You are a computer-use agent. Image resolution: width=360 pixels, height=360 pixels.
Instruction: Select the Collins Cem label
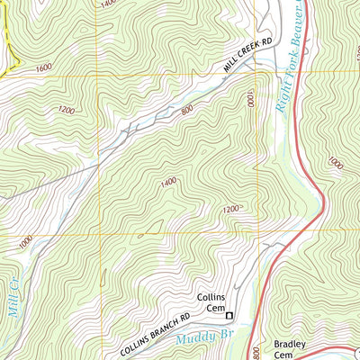[x=210, y=302]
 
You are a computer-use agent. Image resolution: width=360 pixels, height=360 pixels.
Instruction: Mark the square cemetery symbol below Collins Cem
[x=229, y=315]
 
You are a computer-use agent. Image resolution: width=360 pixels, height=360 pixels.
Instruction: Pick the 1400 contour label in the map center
[x=167, y=183]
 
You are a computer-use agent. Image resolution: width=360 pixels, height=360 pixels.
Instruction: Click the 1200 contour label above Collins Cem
[x=230, y=209]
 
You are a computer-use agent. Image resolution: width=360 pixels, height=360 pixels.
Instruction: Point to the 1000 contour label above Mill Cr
[x=23, y=241]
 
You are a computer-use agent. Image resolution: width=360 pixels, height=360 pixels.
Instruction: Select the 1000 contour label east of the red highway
[x=335, y=164]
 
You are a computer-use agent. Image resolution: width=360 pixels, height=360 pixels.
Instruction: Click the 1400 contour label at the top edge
[x=108, y=4]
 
